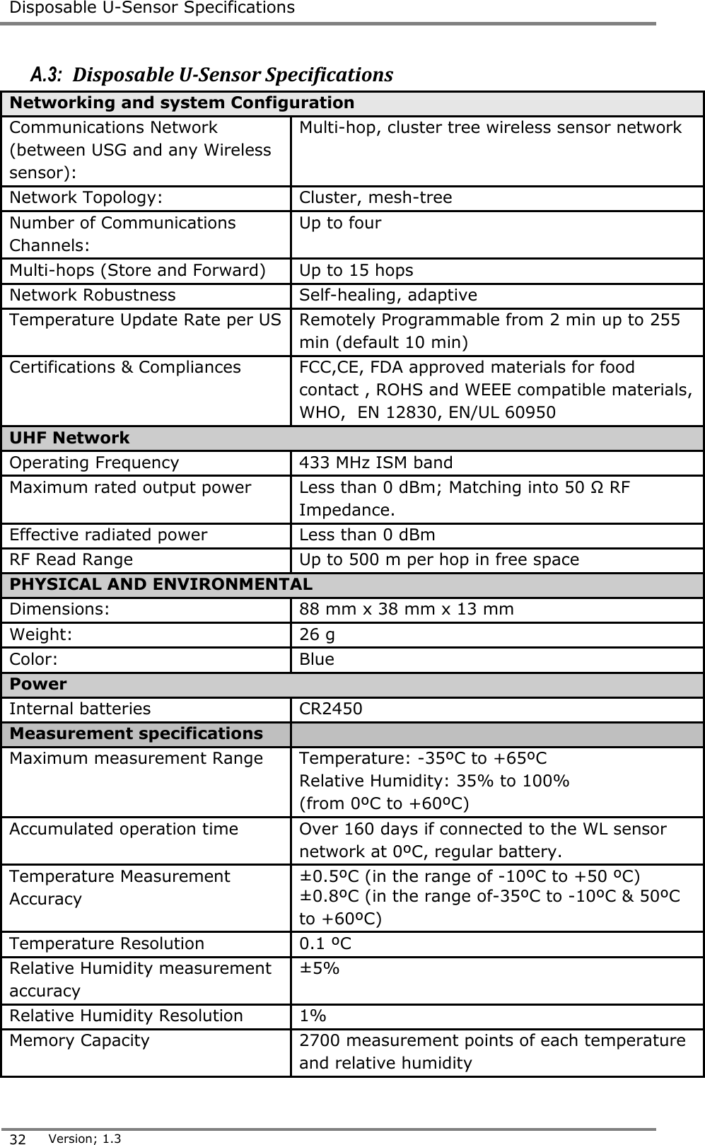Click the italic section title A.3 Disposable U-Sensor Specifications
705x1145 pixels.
click(212, 74)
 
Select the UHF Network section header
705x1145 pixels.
click(69, 438)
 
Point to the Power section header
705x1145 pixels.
click(38, 684)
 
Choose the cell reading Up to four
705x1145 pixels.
click(340, 223)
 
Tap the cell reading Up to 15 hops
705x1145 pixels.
click(356, 270)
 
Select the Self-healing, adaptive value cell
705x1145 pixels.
click(388, 295)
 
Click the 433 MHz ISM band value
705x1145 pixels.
click(376, 463)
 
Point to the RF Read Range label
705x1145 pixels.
click(71, 559)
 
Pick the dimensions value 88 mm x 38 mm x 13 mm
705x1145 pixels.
click(407, 609)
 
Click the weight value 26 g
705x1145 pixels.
click(317, 634)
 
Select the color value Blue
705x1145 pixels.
click(317, 659)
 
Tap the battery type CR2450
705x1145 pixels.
click(331, 709)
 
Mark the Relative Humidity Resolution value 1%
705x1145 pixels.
click(313, 1016)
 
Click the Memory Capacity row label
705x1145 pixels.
click(80, 1040)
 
